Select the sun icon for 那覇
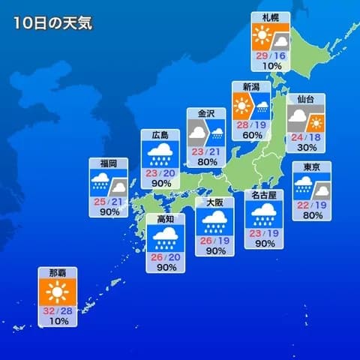(x=57, y=292)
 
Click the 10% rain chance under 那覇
(x=57, y=321)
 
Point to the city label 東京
(x=311, y=166)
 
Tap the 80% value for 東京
(x=311, y=215)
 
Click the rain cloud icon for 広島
(x=160, y=154)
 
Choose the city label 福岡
(x=108, y=163)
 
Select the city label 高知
(x=165, y=219)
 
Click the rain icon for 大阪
(x=214, y=220)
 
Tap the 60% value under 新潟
(x=251, y=135)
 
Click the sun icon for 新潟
(x=241, y=103)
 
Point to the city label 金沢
(x=205, y=113)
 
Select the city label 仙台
(x=305, y=98)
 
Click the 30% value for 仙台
(x=305, y=147)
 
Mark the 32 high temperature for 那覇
(x=49, y=310)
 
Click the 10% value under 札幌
(x=271, y=66)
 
